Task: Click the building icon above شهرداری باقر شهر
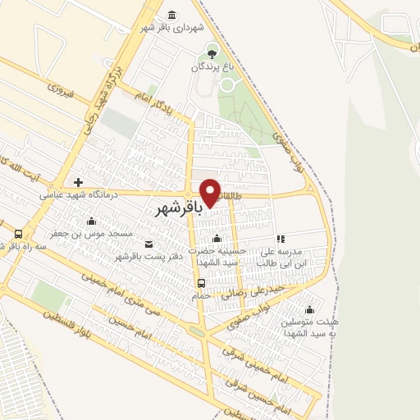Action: click(x=171, y=15)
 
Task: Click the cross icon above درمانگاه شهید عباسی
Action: click(x=78, y=182)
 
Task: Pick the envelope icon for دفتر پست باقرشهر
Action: click(x=148, y=244)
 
